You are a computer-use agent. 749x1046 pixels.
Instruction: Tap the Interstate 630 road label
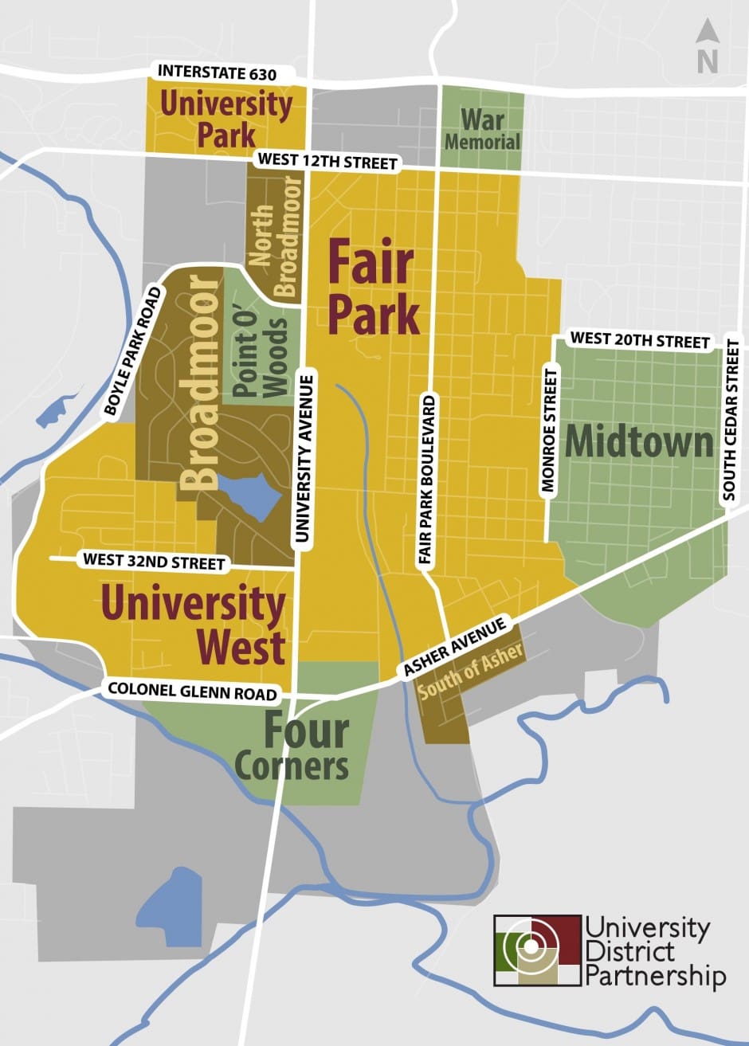217,72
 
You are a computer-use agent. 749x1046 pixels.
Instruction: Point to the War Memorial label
482,131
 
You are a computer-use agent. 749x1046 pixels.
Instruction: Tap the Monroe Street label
549,431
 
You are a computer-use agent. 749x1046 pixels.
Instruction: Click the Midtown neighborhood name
639,442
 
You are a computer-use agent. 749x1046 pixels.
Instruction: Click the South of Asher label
471,670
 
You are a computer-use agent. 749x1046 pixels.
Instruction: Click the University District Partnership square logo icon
537,950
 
